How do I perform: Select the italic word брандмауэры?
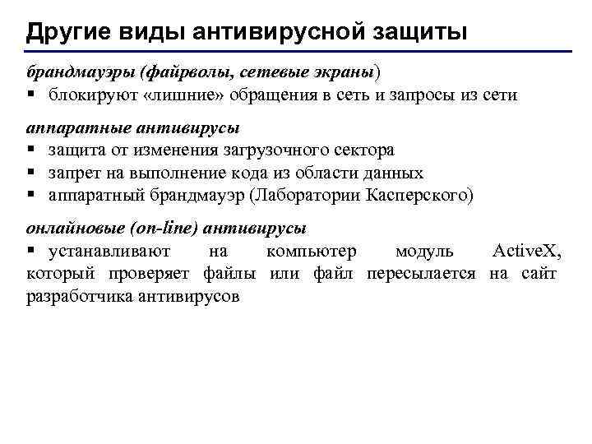79,72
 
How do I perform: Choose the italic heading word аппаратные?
72,128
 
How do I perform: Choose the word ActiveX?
526,251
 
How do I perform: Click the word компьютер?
312,251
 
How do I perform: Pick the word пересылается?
421,273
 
